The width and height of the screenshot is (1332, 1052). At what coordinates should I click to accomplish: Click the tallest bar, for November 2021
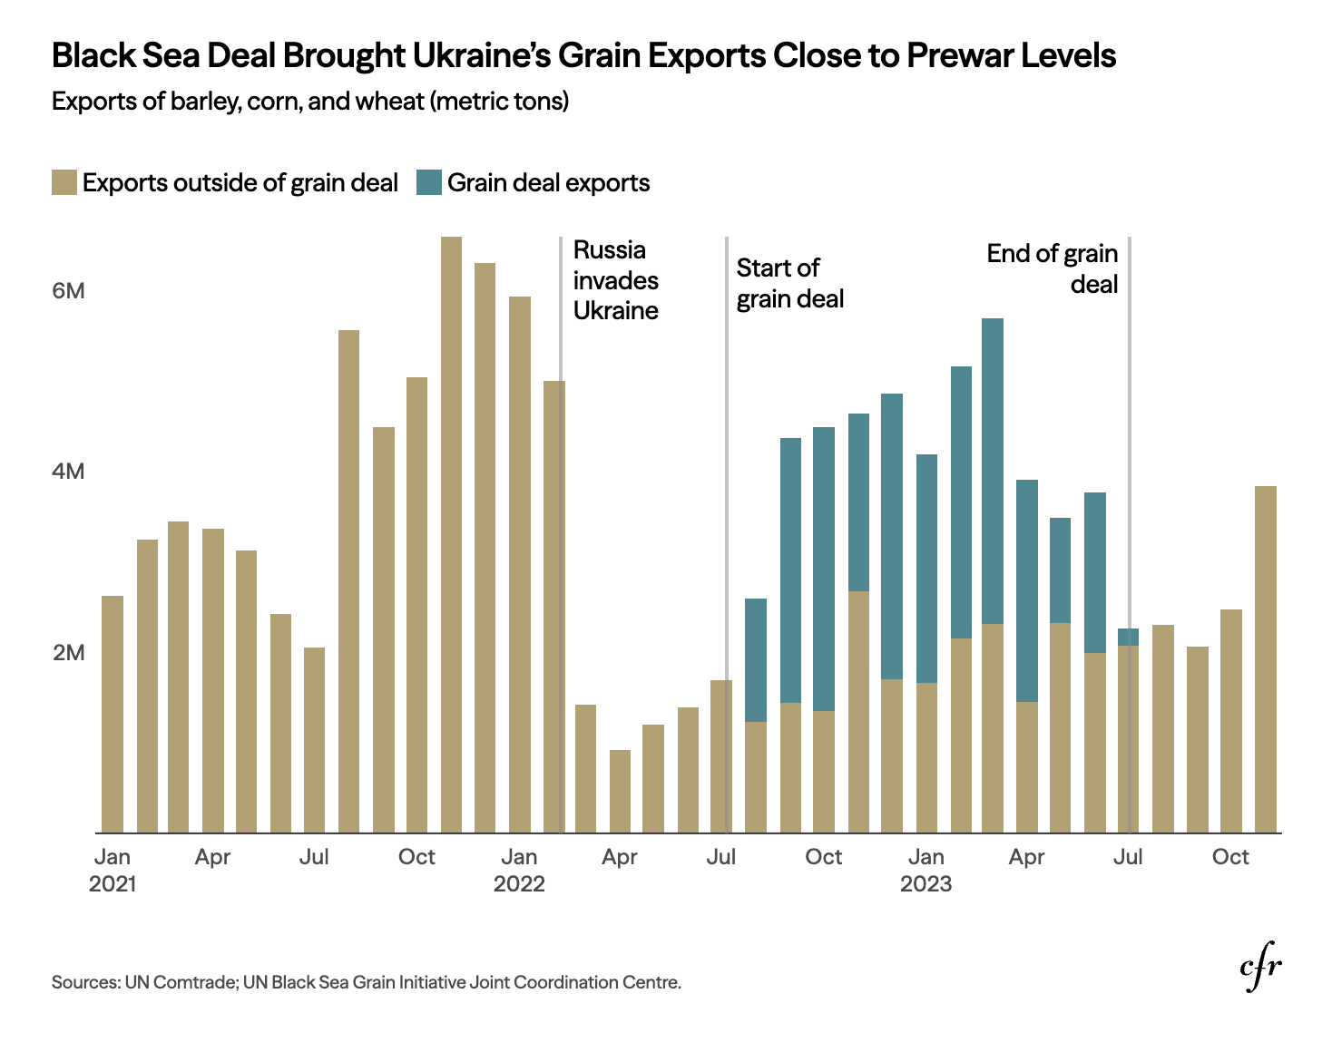click(451, 535)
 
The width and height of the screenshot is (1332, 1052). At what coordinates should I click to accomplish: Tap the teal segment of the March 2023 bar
click(993, 471)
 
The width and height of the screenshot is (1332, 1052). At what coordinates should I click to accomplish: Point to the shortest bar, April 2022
click(620, 791)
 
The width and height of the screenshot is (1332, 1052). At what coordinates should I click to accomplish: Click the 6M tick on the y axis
click(68, 291)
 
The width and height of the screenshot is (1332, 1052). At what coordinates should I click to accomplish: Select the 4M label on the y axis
click(68, 472)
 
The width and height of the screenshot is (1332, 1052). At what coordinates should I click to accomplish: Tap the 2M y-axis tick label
click(68, 653)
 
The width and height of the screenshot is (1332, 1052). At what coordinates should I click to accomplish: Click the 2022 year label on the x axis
click(519, 884)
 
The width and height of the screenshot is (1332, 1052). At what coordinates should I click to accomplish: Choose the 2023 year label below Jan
click(926, 884)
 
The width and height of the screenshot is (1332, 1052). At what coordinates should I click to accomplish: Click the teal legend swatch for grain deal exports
click(428, 182)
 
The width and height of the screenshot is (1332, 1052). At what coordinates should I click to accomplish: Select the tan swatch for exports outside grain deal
click(64, 182)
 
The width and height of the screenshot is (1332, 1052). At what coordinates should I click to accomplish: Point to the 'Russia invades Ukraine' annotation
click(616, 280)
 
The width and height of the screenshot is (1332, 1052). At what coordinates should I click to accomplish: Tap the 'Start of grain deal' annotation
click(789, 283)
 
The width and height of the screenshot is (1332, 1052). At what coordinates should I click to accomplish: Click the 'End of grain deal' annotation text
click(1053, 268)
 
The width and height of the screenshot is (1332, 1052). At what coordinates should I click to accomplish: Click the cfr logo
click(1260, 969)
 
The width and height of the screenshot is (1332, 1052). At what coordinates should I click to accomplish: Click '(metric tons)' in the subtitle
click(499, 101)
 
